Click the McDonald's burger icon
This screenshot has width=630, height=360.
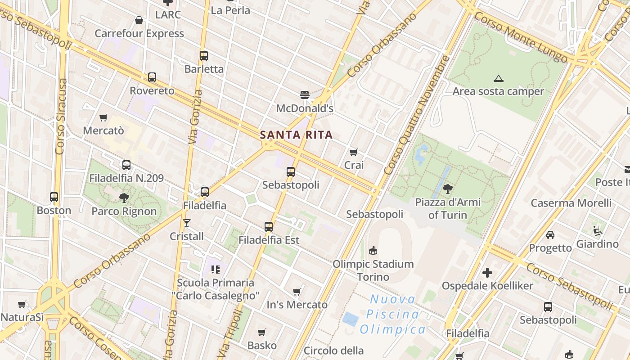(305, 94)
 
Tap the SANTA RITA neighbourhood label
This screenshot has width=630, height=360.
(297, 135)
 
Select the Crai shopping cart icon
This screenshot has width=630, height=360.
(354, 153)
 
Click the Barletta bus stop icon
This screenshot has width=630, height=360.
(204, 56)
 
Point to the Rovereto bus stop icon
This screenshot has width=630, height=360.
(152, 77)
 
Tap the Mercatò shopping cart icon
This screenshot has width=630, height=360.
(103, 118)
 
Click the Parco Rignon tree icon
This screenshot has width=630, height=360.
(124, 198)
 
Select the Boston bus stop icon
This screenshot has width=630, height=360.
(54, 197)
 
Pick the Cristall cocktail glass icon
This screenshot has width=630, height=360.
(186, 223)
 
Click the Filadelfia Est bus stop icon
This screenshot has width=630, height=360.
(269, 227)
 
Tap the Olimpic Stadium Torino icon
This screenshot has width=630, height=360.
(373, 250)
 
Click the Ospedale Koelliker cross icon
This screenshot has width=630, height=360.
(487, 273)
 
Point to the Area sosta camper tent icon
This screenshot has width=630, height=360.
(498, 78)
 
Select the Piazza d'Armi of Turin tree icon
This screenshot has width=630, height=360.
(447, 189)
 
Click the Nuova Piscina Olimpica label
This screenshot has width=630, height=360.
(393, 314)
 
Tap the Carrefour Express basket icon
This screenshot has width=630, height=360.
(139, 20)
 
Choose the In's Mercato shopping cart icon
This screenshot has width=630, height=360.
(297, 292)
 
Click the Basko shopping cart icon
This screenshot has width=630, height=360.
(262, 333)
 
